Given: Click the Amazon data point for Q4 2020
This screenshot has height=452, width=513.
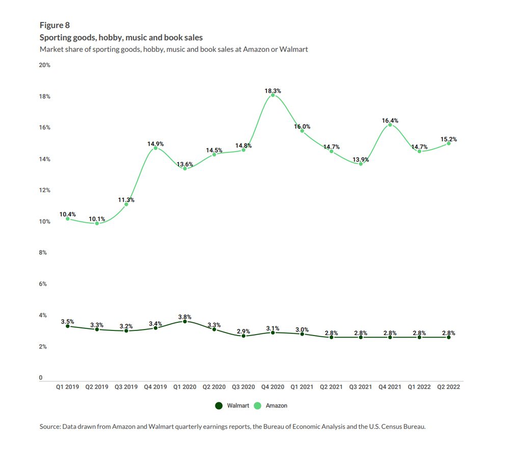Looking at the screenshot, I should (273, 95).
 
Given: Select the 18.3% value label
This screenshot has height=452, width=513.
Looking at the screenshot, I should (273, 91).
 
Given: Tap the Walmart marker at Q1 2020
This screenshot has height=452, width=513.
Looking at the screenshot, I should (185, 321).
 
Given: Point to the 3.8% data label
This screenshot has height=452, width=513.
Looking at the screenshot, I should (185, 317).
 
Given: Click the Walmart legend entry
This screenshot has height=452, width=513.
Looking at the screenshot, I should (232, 406).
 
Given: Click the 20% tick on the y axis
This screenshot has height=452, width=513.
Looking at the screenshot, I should (45, 65).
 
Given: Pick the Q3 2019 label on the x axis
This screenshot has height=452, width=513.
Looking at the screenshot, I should (126, 387).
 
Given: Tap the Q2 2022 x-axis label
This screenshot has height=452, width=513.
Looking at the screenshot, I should (449, 387).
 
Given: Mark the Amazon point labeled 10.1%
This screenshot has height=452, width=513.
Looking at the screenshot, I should (97, 223).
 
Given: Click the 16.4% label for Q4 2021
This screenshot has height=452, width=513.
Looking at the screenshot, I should (390, 120).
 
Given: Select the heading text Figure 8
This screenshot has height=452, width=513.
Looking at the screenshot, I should (55, 25).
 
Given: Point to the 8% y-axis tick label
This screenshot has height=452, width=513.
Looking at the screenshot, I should (43, 253).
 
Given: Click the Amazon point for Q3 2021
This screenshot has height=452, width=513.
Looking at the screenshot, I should (361, 164).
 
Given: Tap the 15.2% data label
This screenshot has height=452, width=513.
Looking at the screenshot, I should (449, 139).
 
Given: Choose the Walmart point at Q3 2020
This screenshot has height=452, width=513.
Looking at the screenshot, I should (244, 336).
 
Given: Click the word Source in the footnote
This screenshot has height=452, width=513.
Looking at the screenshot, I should (50, 427).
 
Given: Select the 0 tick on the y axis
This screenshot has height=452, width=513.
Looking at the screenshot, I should (41, 378).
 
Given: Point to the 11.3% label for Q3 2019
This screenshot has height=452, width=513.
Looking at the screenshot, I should (126, 200).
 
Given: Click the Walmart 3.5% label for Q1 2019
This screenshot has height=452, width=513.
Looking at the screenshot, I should (67, 321).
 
